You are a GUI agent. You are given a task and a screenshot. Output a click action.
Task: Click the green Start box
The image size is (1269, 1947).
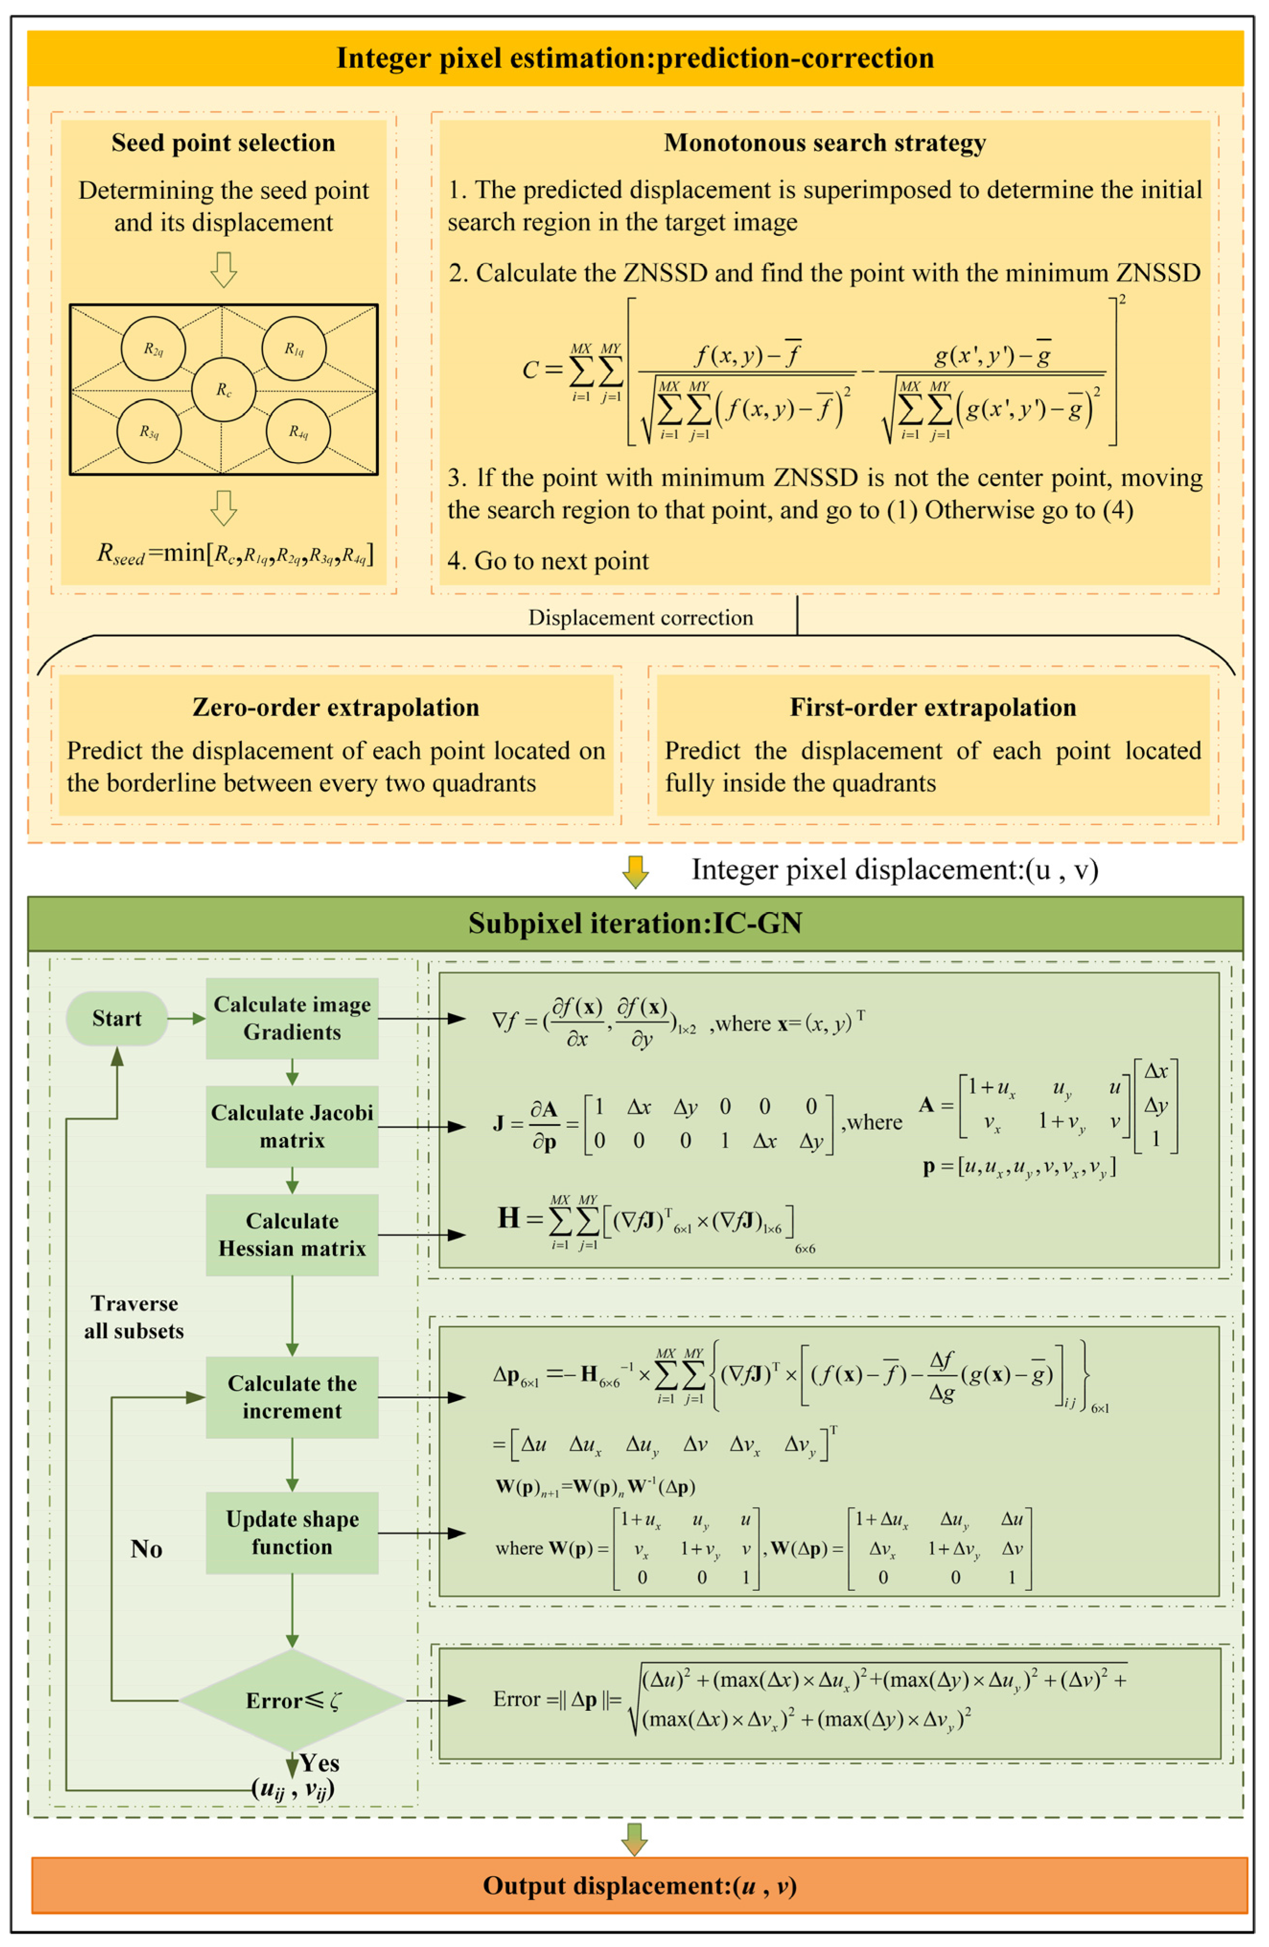click(x=116, y=1019)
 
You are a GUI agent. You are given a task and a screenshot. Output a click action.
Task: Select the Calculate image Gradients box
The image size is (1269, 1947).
click(x=292, y=1019)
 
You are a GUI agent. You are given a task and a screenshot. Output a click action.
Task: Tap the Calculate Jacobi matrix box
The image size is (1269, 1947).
click(x=292, y=1126)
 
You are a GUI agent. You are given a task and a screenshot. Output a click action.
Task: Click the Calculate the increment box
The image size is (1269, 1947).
click(x=292, y=1397)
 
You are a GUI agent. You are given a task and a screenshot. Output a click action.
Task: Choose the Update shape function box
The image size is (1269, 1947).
click(x=292, y=1532)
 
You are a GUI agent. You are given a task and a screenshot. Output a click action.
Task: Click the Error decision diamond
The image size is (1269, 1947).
click(x=292, y=1701)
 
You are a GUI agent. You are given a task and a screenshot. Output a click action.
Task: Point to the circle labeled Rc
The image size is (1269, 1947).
click(x=223, y=389)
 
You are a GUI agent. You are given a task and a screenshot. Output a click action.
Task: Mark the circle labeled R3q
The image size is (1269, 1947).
click(x=149, y=431)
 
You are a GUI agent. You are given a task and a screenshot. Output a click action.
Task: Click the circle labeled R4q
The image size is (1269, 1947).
click(x=298, y=431)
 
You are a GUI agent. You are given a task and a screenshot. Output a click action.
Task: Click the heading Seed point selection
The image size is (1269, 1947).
click(x=223, y=143)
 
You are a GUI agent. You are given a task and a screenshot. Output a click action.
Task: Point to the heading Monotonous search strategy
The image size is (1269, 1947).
click(x=824, y=143)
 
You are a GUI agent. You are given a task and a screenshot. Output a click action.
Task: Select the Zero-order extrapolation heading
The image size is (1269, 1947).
click(x=335, y=707)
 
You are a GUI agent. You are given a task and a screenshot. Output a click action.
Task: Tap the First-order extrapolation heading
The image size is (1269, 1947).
click(x=932, y=707)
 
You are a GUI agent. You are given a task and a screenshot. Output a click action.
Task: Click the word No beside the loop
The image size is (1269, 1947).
click(x=147, y=1549)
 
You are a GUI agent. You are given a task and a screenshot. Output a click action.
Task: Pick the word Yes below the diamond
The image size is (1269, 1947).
click(x=320, y=1763)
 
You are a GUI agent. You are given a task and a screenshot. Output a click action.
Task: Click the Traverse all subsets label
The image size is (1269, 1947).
click(x=134, y=1317)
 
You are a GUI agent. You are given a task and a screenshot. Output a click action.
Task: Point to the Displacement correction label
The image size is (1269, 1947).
click(x=640, y=618)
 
